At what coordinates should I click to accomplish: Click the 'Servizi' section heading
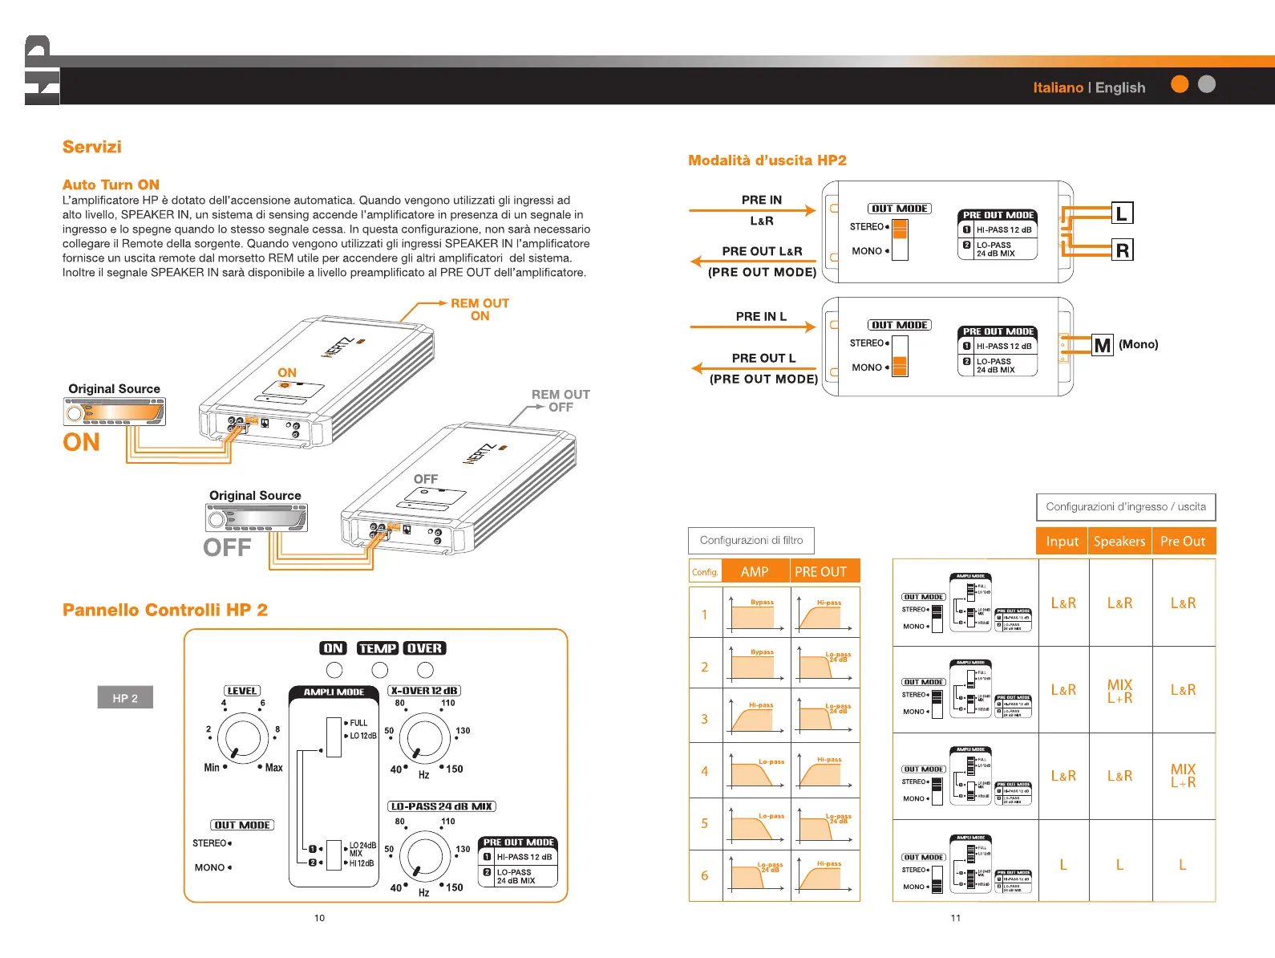pyautogui.click(x=92, y=147)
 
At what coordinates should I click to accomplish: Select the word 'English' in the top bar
pyautogui.click(x=1120, y=87)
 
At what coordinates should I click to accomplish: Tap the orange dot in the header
pyautogui.click(x=1180, y=84)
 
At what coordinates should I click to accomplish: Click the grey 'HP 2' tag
pyautogui.click(x=125, y=697)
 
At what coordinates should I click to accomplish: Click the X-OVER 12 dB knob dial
pyautogui.click(x=424, y=738)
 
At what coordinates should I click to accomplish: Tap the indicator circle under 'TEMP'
pyautogui.click(x=380, y=670)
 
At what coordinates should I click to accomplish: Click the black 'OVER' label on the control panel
pyautogui.click(x=424, y=648)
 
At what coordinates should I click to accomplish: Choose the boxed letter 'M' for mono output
pyautogui.click(x=1103, y=345)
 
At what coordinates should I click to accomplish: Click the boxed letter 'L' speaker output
pyautogui.click(x=1122, y=213)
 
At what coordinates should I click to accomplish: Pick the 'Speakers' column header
pyautogui.click(x=1119, y=542)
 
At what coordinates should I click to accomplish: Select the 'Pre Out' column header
pyautogui.click(x=1183, y=542)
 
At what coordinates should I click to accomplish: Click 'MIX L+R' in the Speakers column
pyautogui.click(x=1119, y=691)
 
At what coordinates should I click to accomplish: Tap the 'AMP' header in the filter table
pyautogui.click(x=755, y=571)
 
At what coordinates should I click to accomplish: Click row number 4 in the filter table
pyautogui.click(x=705, y=771)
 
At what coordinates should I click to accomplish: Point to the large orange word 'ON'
pyautogui.click(x=82, y=442)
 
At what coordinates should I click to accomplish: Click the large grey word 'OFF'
pyautogui.click(x=227, y=547)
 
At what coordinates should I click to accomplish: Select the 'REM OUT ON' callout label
pyautogui.click(x=480, y=309)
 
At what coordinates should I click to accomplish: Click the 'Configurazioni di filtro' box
pyautogui.click(x=751, y=540)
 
